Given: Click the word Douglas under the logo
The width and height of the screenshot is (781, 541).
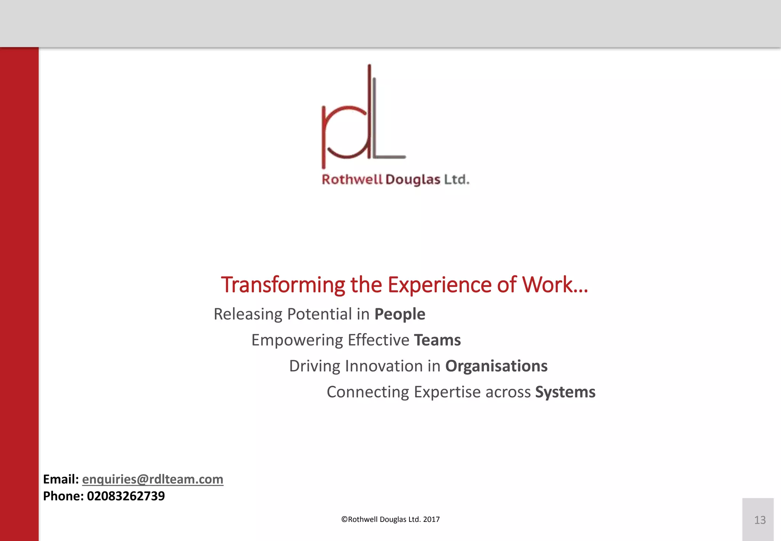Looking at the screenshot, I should point(413,180).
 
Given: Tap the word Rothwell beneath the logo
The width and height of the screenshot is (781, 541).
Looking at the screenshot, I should point(352,179).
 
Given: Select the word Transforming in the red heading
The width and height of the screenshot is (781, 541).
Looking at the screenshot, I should point(283,285).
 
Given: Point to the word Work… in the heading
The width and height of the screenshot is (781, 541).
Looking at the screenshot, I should point(555,285).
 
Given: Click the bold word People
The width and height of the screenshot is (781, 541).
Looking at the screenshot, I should point(400,314).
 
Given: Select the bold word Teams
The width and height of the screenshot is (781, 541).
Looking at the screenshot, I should point(437,340).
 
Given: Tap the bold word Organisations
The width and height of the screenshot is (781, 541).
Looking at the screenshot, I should point(496,366).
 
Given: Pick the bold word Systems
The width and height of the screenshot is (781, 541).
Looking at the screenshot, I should point(565,392).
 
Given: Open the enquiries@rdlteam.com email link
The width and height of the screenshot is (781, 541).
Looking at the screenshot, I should point(153,479).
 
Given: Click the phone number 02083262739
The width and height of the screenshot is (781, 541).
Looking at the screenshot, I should point(126,496).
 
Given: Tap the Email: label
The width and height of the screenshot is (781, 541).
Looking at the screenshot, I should point(61,479).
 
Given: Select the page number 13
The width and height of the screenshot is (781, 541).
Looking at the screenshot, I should point(760,520).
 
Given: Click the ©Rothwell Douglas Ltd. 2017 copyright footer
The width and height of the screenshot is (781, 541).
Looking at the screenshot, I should point(390,519).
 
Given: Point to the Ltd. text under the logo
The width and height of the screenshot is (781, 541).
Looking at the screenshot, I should point(456,179).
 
